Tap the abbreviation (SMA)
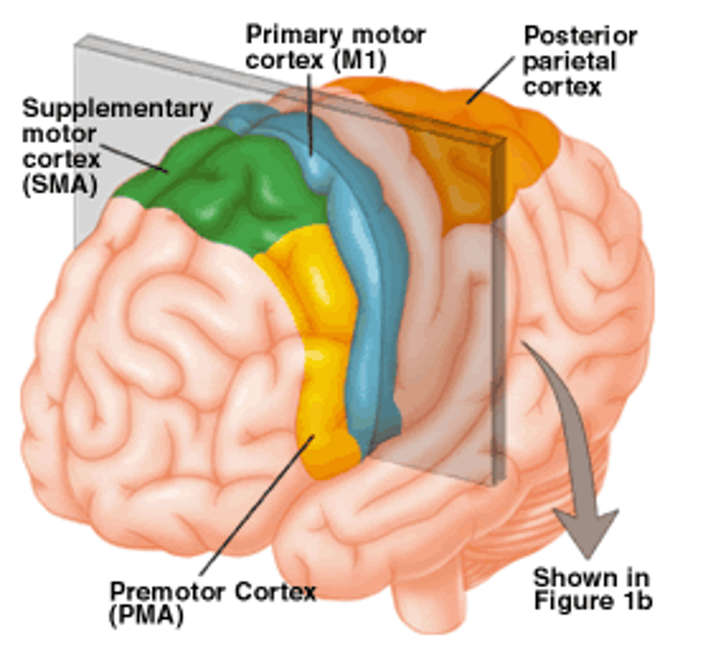pyautogui.click(x=60, y=185)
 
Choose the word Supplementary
pyautogui.click(x=117, y=109)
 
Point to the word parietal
pyautogui.click(x=569, y=62)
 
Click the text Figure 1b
pyautogui.click(x=593, y=600)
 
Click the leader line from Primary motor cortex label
pyautogui.click(x=311, y=113)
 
